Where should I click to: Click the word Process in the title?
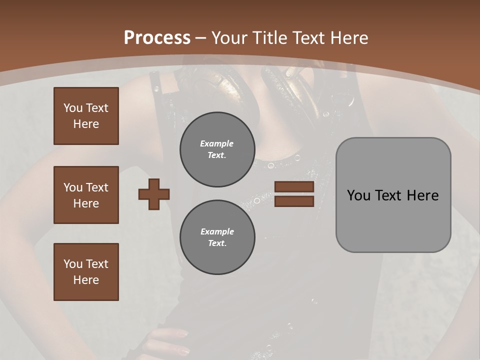coord(157,38)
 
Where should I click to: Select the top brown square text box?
coord(86,116)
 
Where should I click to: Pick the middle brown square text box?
coord(86,195)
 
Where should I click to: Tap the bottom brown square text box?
coord(86,272)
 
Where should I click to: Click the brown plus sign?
coord(154,194)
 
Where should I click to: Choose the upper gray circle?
coord(217,149)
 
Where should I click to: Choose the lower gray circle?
coord(217,237)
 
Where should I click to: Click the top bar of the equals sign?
coord(294,187)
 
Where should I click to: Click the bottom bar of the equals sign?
coord(294,201)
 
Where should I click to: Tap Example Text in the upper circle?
coord(217,149)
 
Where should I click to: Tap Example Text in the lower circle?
coord(217,237)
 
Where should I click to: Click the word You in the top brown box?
coord(73,108)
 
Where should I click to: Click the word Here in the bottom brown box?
coord(86,280)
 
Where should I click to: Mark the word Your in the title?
coord(228,38)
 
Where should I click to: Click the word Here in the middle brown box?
coord(86,203)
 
